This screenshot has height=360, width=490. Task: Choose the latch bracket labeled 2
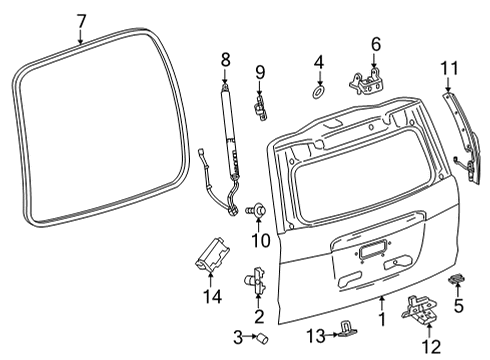point(259,283)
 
